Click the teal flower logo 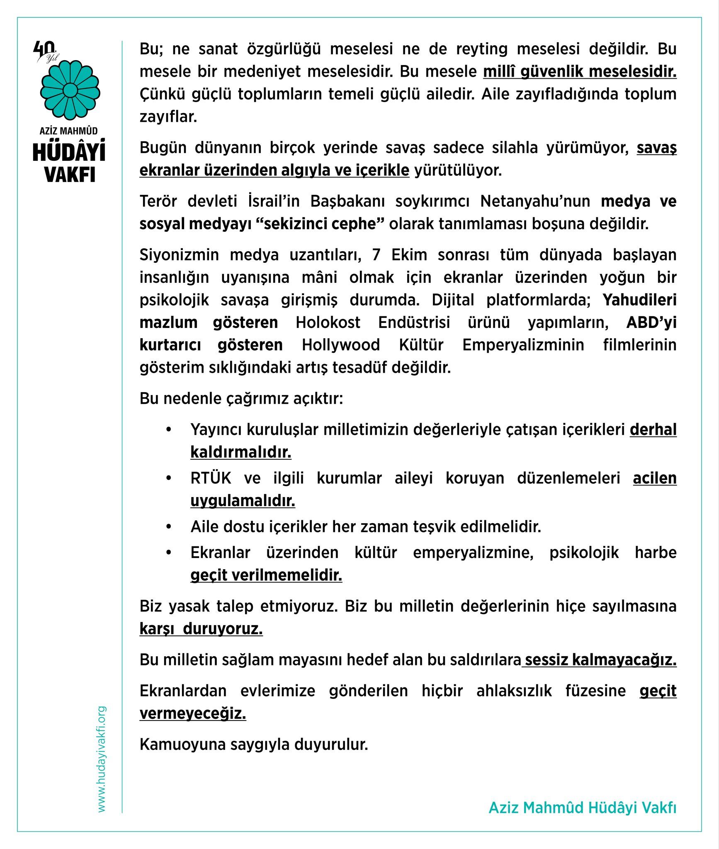pos(70,90)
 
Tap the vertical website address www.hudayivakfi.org pos(102,759)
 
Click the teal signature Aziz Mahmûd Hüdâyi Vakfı pos(582,808)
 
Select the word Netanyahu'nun pos(535,201)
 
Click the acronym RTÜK pos(211,478)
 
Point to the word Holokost pos(328,322)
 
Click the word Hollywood pos(340,345)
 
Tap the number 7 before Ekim pos(376,255)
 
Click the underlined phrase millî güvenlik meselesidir pos(580,72)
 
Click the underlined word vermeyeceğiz pos(193,713)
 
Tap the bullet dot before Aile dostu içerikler pos(168,527)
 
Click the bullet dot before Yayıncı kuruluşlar pos(168,429)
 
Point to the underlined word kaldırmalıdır pos(240,452)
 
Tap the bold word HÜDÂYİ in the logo pos(69,152)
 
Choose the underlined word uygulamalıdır pos(243,501)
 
